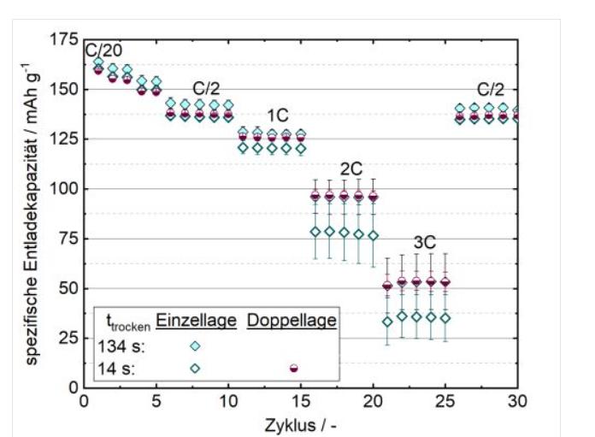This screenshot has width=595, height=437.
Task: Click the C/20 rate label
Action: [x=103, y=50]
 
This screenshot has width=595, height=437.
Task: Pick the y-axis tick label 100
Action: [x=63, y=188]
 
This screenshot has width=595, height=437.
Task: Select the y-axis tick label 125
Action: [x=63, y=139]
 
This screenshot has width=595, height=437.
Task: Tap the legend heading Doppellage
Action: [x=292, y=321]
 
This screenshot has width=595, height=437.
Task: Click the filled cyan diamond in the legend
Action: [x=195, y=345]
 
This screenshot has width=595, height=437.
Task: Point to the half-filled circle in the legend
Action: [x=293, y=368]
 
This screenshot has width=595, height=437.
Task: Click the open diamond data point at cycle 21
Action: [x=387, y=322]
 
